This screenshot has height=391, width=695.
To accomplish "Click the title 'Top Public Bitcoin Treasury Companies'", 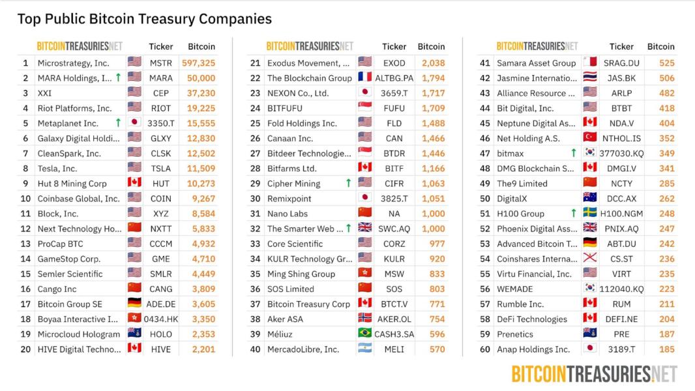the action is (x=145, y=19).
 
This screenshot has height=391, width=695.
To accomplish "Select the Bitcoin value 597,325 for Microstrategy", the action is (x=198, y=63).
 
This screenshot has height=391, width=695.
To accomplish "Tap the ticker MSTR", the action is (x=160, y=63).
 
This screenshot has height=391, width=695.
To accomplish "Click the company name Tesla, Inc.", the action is (x=57, y=168).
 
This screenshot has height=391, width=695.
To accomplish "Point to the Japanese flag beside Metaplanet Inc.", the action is (x=134, y=122).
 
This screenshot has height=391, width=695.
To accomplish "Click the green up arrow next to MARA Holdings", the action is (x=118, y=78).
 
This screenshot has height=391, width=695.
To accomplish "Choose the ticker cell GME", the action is (x=160, y=259).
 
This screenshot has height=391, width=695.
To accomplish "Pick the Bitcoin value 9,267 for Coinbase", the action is (x=203, y=198).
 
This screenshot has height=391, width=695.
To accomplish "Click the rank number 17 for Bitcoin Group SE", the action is (x=25, y=304).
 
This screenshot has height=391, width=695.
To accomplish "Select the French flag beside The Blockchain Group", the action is (x=365, y=77).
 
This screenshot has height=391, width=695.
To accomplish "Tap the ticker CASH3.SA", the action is (x=394, y=334).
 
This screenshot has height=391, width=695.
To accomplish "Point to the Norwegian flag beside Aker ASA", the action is (x=365, y=317).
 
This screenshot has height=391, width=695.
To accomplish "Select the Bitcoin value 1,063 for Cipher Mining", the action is (x=433, y=183).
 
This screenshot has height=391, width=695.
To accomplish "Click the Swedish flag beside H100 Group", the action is (x=589, y=212).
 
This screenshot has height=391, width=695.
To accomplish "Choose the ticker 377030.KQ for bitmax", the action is (x=621, y=153).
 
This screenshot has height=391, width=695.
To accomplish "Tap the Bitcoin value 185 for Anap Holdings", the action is (x=666, y=349).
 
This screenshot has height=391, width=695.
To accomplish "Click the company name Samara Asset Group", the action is (x=537, y=63).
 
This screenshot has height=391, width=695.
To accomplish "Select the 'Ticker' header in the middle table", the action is (x=394, y=46).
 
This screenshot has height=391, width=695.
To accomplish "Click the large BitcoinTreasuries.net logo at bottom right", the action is (x=595, y=374).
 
